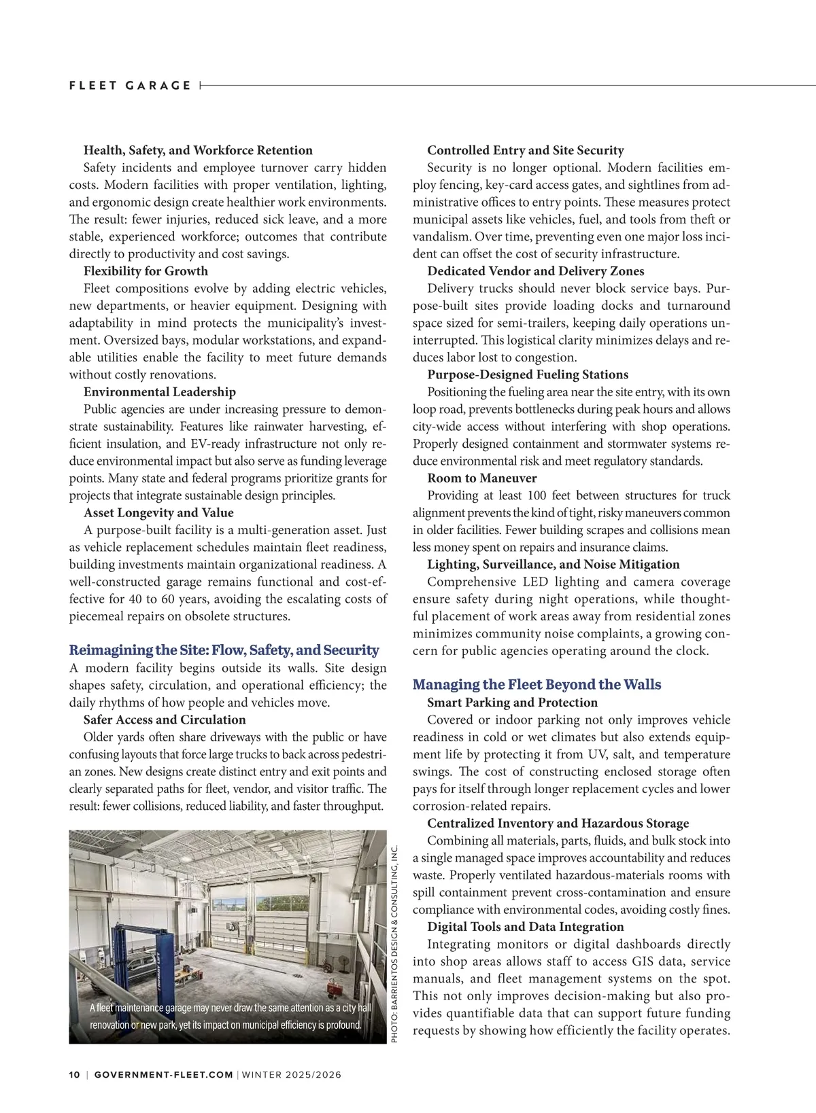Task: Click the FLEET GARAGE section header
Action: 130,86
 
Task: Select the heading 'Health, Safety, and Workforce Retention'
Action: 198,150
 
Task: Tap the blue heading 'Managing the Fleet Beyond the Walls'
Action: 537,684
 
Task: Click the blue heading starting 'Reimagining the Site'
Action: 224,650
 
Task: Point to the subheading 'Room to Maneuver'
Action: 481,478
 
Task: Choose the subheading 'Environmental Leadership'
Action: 159,391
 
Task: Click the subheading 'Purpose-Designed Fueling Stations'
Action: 527,374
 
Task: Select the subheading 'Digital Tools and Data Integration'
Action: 525,927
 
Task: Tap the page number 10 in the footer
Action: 74,1074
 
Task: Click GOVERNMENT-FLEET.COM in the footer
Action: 163,1074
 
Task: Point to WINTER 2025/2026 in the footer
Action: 292,1074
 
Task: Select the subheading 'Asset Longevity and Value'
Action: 158,512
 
